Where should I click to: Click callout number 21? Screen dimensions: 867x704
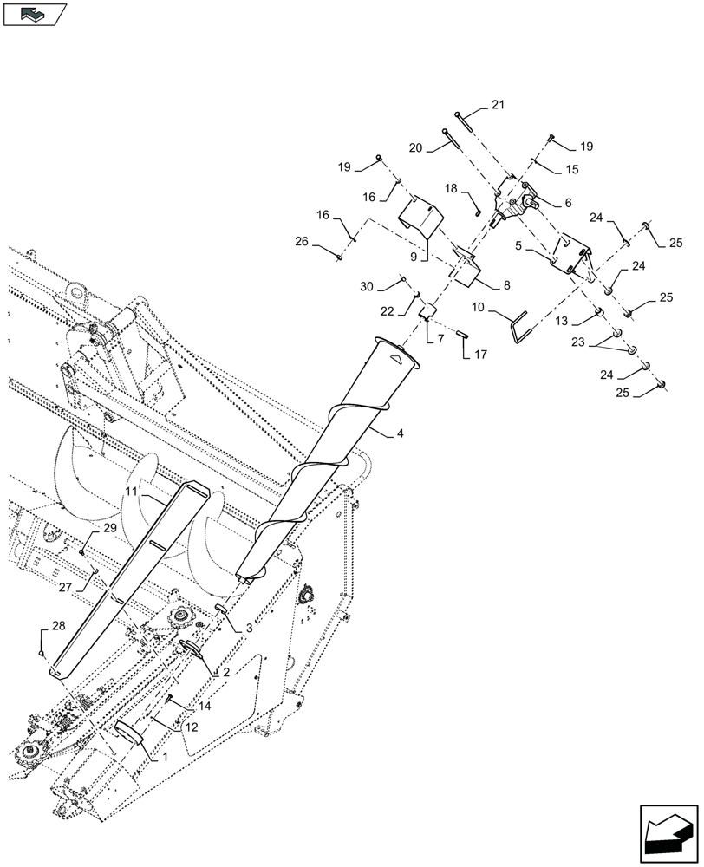(497, 106)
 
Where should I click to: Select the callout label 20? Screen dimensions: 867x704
(415, 147)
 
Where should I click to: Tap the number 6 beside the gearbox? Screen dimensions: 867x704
(568, 202)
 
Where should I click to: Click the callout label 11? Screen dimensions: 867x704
(131, 491)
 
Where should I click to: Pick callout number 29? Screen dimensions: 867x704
(110, 528)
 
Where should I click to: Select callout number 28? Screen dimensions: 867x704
(58, 625)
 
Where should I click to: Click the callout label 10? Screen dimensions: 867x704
(478, 309)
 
